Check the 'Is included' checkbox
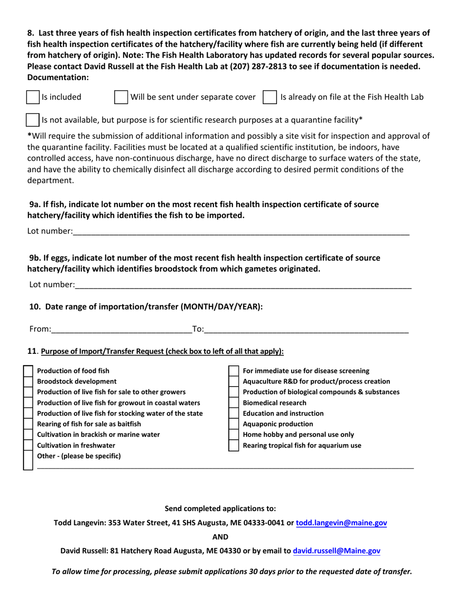click(32, 97)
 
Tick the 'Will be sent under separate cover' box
click(121, 97)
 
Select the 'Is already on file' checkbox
click(270, 97)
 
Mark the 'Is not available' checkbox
click(32, 120)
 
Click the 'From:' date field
click(121, 329)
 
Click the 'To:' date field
click(306, 329)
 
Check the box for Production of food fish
click(28, 371)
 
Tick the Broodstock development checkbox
click(28, 382)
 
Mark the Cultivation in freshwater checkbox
click(28, 446)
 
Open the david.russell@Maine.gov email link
click(337, 551)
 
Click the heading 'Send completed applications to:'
click(220, 509)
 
